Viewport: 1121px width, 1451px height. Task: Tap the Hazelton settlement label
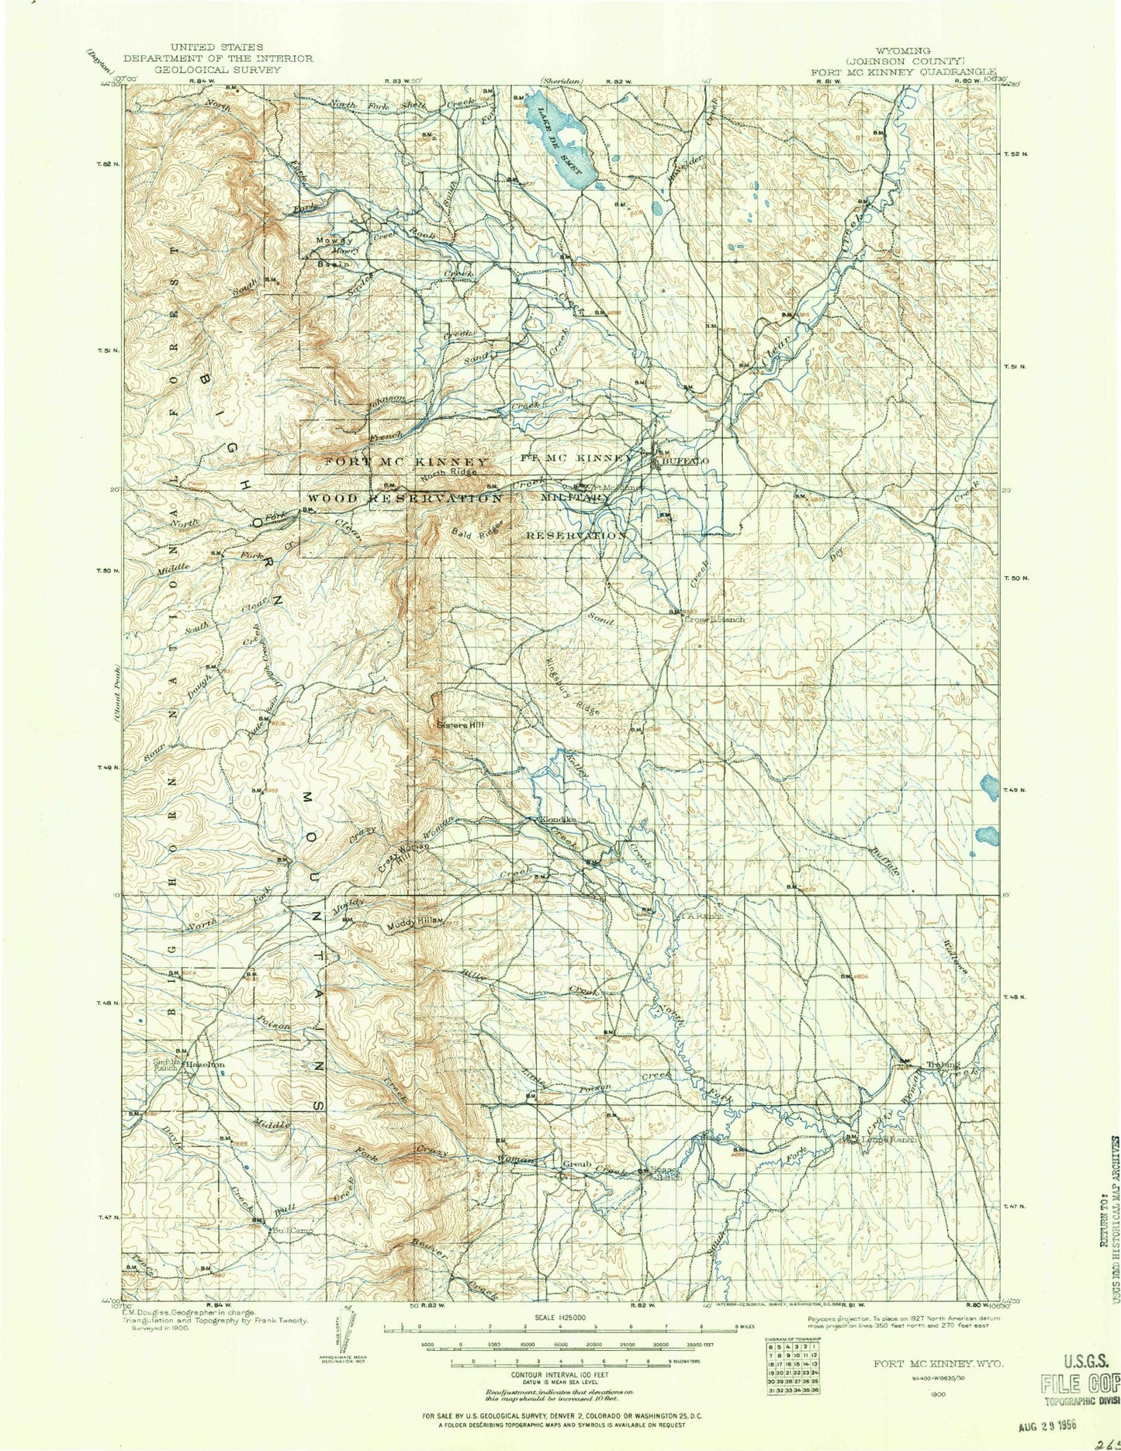(205, 1066)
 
